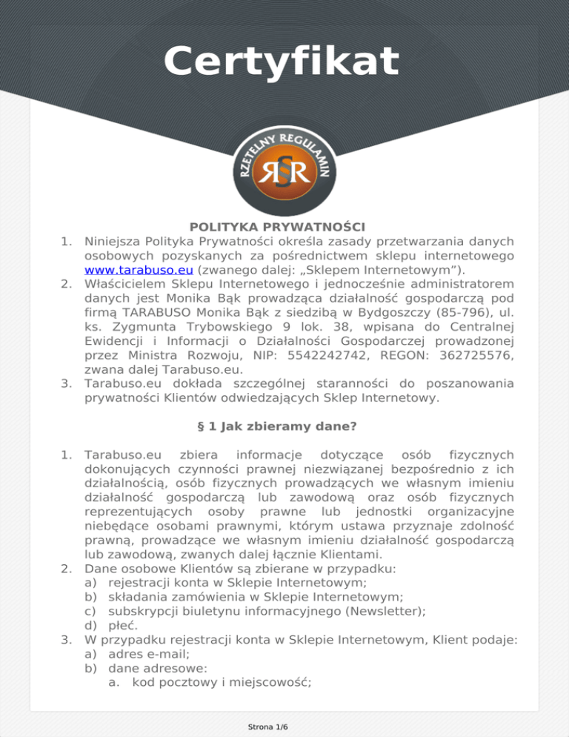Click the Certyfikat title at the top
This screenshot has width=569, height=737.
point(282,61)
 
